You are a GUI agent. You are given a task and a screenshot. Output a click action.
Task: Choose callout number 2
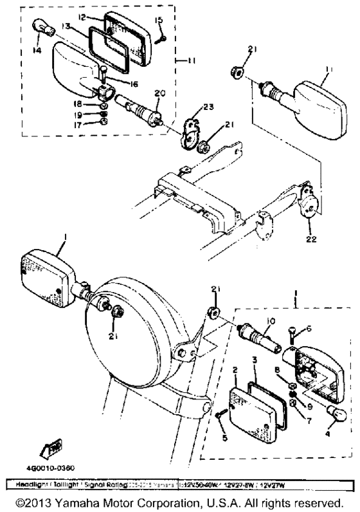[x=236, y=370]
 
